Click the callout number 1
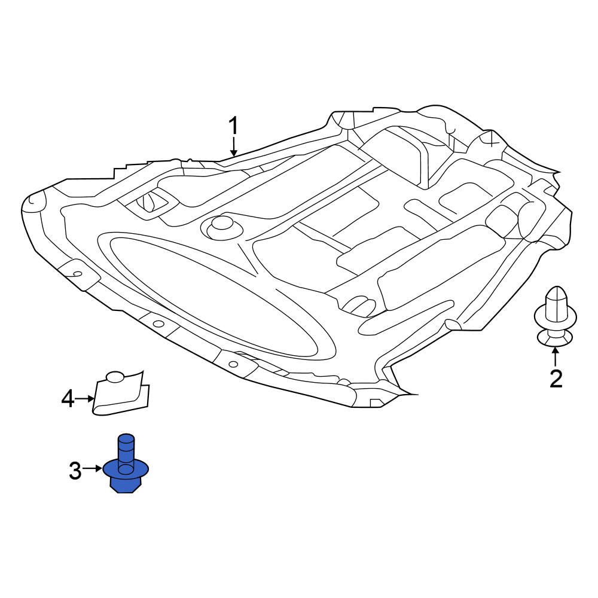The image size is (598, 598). [x=234, y=126]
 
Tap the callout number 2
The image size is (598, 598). [x=556, y=379]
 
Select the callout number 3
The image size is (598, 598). [x=75, y=471]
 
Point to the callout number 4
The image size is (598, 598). [x=68, y=398]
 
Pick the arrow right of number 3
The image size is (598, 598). [x=93, y=469]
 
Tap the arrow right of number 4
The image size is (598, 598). [x=86, y=398]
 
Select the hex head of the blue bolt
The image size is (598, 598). [x=126, y=484]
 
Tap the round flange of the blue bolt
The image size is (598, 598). [x=126, y=469]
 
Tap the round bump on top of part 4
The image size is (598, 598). [x=115, y=377]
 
